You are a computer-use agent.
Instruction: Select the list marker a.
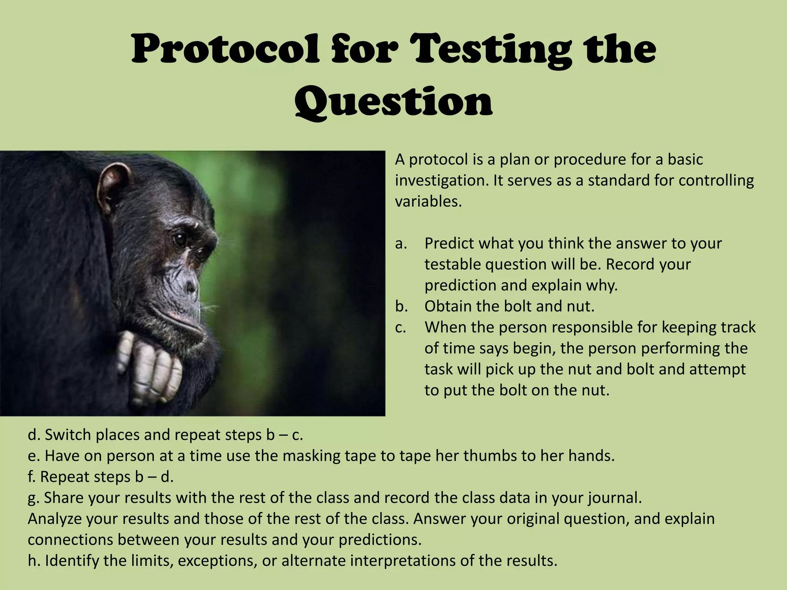[401, 244]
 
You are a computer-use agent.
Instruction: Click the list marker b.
[401, 307]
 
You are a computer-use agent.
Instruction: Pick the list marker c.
[400, 328]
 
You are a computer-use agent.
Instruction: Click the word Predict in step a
[450, 244]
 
